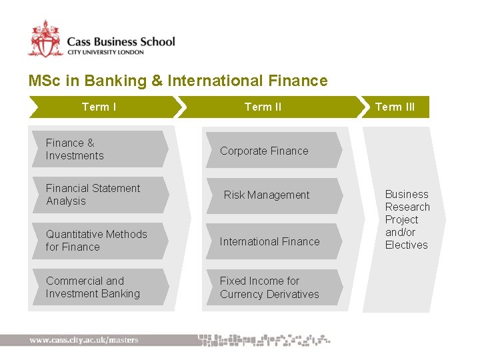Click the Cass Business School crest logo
(45, 39)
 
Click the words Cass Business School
(121, 41)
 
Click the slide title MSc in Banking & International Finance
(178, 81)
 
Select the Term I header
(99, 107)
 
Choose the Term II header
(263, 107)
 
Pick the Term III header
(395, 107)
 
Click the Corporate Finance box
(270, 151)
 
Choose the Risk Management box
(270, 195)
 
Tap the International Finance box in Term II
(270, 242)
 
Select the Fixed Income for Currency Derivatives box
(270, 287)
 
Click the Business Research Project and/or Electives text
(407, 219)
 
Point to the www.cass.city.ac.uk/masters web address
(84, 340)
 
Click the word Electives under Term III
(406, 245)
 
